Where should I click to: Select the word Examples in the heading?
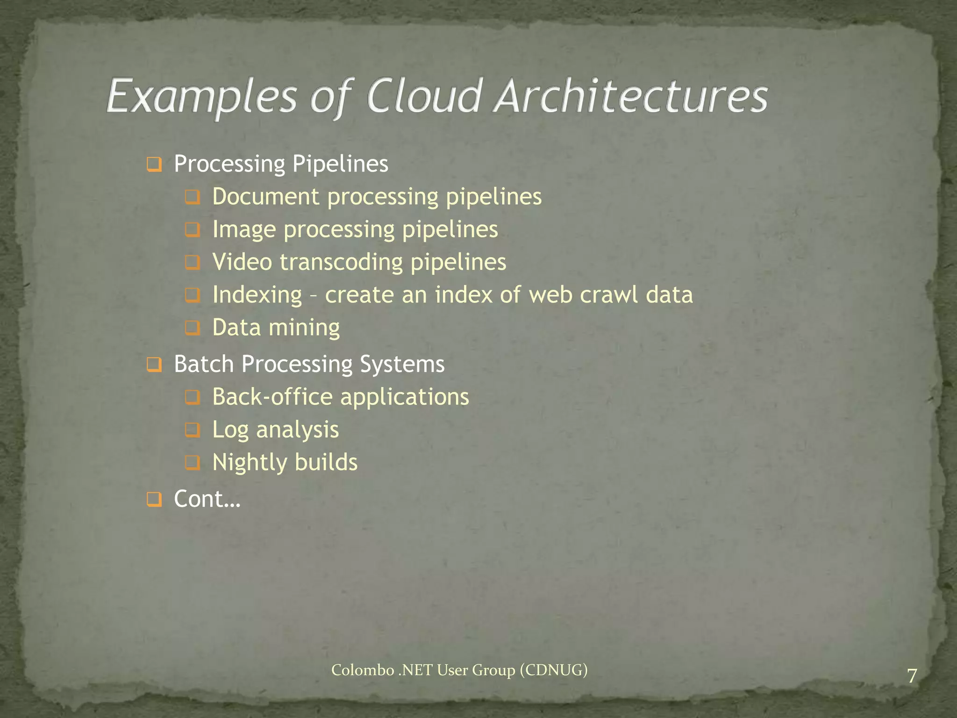coord(202,97)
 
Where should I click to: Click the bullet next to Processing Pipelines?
coord(154,165)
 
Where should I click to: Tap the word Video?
coord(242,262)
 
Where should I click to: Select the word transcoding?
coord(341,263)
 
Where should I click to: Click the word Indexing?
coord(257,295)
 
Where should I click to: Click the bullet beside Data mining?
coord(192,328)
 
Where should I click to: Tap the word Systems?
coord(402,365)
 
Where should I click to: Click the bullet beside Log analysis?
coord(192,430)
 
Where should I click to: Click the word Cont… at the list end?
coord(207,499)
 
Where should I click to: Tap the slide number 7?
coord(912,676)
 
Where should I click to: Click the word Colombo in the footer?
coord(363,670)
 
